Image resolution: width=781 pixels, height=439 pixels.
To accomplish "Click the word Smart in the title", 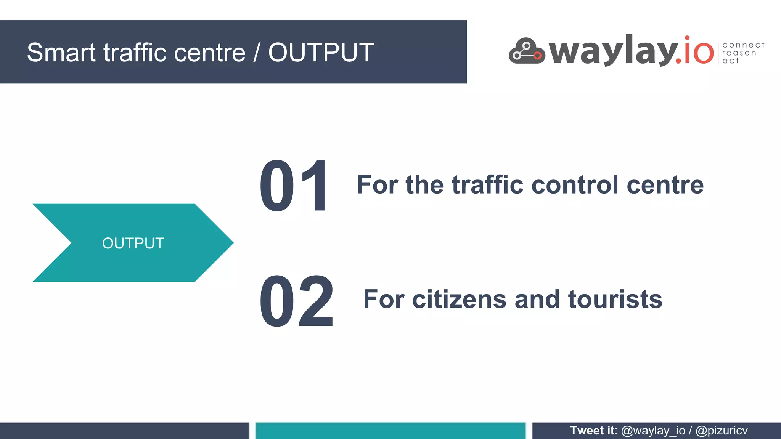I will coord(61,53).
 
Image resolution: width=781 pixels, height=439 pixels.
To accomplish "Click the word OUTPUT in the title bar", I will coord(321,53).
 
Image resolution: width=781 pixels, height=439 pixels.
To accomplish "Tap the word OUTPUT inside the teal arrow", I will coord(133,243).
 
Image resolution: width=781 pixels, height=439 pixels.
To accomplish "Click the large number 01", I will coord(293,186).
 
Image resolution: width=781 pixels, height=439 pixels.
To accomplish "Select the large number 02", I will coord(297,301).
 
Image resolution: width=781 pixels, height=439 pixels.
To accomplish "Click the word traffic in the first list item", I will coord(487,185).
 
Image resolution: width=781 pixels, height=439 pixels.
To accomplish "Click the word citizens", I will coord(459,300).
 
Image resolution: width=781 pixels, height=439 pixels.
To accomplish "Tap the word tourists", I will coord(615,300).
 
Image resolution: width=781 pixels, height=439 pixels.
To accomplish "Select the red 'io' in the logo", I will coord(699,51).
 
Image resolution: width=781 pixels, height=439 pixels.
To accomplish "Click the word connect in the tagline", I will coord(743,45).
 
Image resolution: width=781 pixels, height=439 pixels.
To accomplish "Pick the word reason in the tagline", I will coord(739,53).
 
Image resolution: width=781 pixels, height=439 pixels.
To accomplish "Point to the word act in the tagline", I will coord(730,61).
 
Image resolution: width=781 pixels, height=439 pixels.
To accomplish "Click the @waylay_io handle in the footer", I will coord(653,431).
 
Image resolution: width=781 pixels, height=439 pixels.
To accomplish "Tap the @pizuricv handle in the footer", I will coord(722,431).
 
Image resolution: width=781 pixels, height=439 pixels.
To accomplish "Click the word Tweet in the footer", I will coord(587,431).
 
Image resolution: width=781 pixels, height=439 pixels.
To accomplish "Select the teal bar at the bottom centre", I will coord(390,431).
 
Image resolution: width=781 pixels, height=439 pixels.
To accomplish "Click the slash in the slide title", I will coord(257,53).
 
